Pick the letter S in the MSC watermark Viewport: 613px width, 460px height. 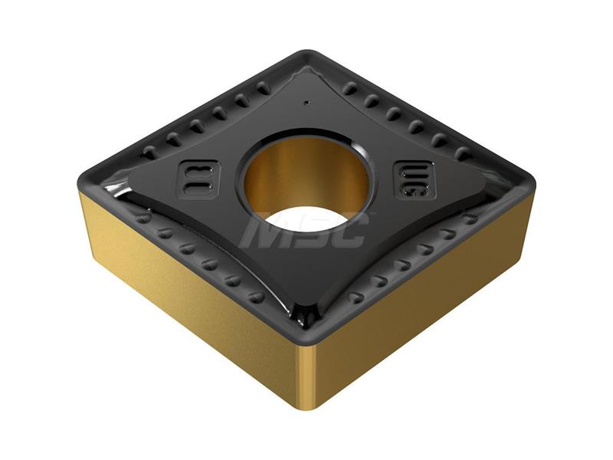pos(310,228)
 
